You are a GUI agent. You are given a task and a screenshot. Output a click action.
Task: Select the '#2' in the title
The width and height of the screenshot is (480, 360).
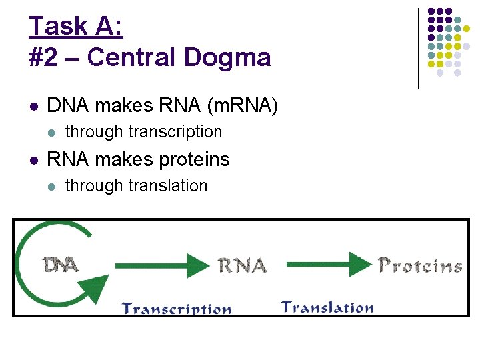pyautogui.click(x=42, y=57)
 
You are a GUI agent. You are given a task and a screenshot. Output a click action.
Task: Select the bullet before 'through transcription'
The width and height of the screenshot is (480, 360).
pyautogui.click(x=51, y=132)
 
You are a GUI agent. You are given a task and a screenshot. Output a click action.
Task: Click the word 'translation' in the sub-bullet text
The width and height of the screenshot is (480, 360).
pyautogui.click(x=168, y=186)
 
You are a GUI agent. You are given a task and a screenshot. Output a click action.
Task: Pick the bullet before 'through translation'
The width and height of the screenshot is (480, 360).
pyautogui.click(x=51, y=186)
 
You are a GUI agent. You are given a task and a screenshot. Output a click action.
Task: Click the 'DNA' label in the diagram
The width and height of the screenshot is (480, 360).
pyautogui.click(x=61, y=265)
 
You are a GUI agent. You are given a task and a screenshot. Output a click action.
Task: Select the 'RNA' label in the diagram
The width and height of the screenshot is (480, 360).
pyautogui.click(x=243, y=266)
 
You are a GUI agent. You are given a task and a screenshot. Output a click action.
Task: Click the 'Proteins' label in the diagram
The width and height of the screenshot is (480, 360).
pyautogui.click(x=420, y=266)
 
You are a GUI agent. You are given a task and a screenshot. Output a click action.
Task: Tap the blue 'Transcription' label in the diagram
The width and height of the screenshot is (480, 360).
pyautogui.click(x=177, y=309)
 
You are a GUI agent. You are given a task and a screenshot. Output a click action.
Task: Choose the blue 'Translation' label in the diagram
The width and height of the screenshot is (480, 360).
pyautogui.click(x=327, y=307)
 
